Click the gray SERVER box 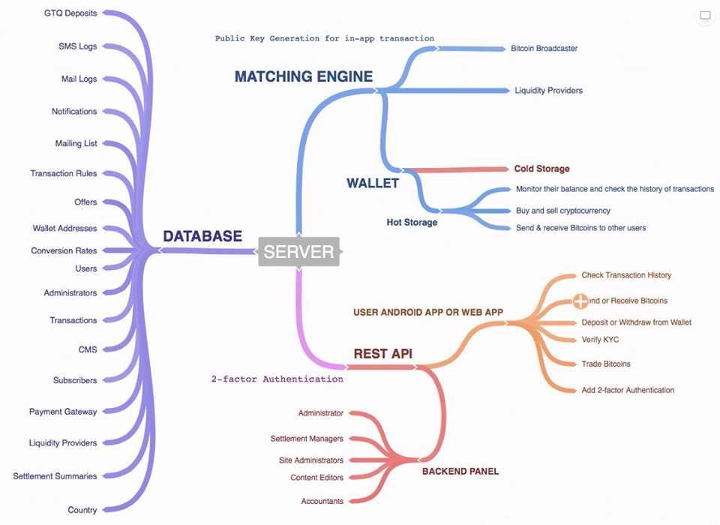pos(298,251)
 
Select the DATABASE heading pos(202,236)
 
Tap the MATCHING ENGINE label pos(303,76)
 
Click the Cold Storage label pos(541,169)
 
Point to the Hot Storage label pos(412,222)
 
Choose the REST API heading pos(382,353)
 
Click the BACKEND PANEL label pos(460,471)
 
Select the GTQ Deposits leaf pos(70,13)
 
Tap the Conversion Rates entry pos(64,250)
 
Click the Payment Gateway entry pos(63,412)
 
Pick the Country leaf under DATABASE pos(82,510)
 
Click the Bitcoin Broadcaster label pos(544,49)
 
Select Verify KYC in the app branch pos(600,340)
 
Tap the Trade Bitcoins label pos(606,364)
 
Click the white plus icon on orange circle pos(580,301)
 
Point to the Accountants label pos(322,501)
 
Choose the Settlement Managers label pos(307,439)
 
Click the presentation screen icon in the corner pos(705,16)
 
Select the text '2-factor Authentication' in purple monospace pos(277,379)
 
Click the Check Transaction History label pos(626,275)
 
